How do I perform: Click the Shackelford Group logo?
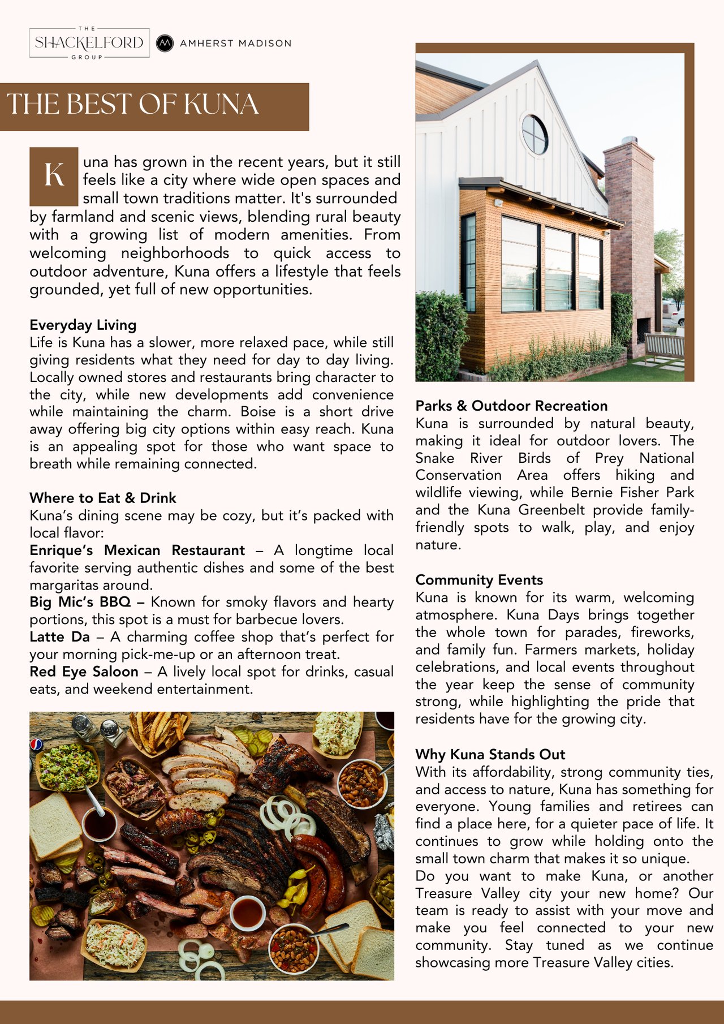(x=89, y=43)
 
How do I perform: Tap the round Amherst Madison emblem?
(x=165, y=43)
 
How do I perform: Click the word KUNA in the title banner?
(x=221, y=105)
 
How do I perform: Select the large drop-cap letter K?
(x=54, y=175)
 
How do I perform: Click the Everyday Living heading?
(x=83, y=325)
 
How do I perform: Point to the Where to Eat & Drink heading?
(x=103, y=498)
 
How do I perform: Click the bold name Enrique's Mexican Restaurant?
(x=137, y=550)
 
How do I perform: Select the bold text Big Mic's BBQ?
(x=80, y=602)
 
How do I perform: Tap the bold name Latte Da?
(x=59, y=637)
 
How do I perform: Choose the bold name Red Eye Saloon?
(x=84, y=672)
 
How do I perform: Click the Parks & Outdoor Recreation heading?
(x=511, y=406)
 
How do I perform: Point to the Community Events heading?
(x=479, y=580)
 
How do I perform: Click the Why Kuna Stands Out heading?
(x=490, y=754)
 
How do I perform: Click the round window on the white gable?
(x=535, y=135)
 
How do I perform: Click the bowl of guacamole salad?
(x=67, y=767)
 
